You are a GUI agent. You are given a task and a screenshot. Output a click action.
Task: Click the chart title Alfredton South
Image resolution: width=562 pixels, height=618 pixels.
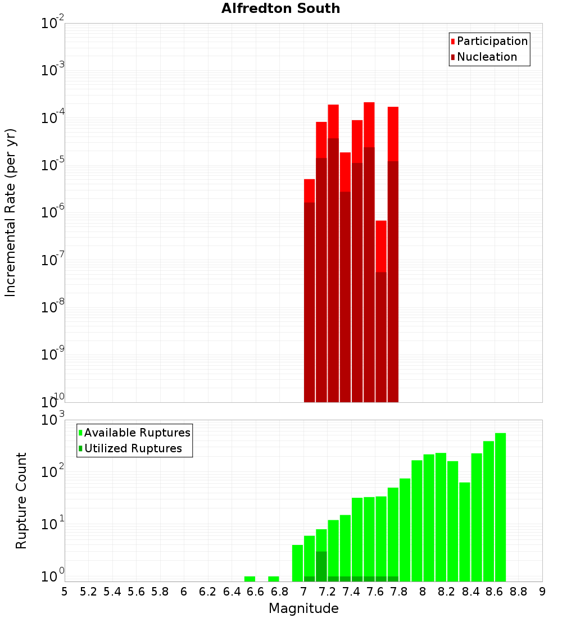coord(280,8)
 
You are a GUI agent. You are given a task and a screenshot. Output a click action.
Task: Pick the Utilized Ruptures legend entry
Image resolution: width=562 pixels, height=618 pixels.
coord(133,449)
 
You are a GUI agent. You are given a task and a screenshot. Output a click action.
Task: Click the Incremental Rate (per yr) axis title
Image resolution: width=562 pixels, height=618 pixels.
coord(10,212)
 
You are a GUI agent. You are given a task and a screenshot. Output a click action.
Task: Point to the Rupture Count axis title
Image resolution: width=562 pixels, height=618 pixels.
coord(21,501)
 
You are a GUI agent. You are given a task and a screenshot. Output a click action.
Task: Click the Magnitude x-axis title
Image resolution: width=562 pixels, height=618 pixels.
coord(303,608)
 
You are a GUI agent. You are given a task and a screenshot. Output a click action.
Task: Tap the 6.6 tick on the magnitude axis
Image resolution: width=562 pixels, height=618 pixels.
coord(256,592)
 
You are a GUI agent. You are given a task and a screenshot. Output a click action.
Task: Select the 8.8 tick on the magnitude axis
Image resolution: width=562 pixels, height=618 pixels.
coord(518,592)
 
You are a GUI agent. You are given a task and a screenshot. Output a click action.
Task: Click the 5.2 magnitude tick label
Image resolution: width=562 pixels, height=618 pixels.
coord(89,592)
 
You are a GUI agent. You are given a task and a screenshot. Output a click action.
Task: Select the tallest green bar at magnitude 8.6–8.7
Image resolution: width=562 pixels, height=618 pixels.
coord(500,506)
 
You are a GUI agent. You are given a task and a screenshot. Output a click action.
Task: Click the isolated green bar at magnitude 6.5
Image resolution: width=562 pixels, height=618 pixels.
coord(250,579)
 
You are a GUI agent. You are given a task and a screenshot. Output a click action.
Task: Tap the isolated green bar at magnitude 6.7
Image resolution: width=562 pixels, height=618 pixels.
coord(274,579)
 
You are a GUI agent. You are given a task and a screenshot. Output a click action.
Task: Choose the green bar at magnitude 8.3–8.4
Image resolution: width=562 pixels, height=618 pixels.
coord(465,531)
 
